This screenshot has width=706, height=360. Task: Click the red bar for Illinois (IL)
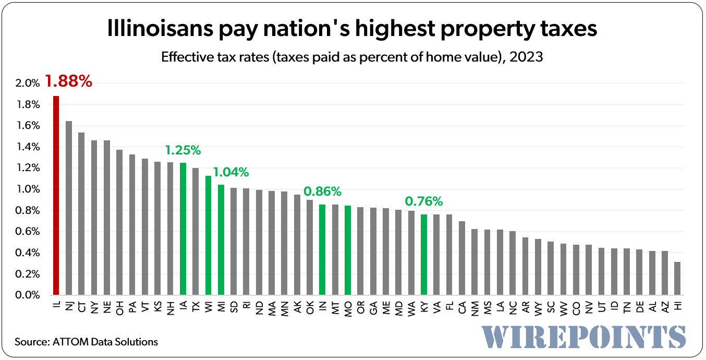point(56,196)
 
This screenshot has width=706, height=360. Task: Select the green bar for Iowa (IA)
point(183,229)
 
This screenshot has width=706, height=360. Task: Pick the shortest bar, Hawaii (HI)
point(677,279)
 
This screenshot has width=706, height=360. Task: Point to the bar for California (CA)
point(462,258)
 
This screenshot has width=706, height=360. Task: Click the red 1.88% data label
point(68,81)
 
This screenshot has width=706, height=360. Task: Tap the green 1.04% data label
point(230,172)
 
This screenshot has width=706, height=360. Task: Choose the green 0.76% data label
point(424,201)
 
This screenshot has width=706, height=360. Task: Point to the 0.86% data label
point(323,191)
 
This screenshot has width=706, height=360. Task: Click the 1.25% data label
point(183,150)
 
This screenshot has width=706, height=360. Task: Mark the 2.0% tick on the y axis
point(28,83)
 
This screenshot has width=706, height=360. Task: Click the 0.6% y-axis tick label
point(28,232)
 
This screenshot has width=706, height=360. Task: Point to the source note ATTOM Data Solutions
point(86,342)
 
